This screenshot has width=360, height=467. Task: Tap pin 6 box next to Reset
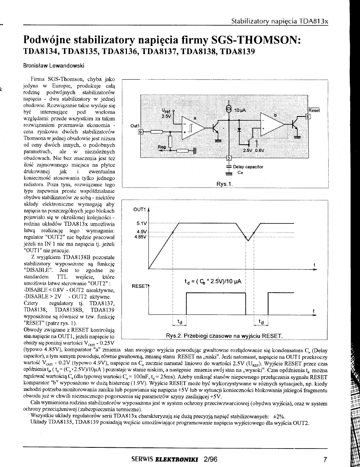coord(308,117)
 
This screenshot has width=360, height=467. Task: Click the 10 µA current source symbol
coord(228,109)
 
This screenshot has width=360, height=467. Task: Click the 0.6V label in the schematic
coord(260,150)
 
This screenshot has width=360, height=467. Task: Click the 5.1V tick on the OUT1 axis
coord(140,223)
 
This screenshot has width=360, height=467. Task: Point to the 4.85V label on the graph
coord(140,237)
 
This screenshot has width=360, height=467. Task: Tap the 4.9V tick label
coord(140,231)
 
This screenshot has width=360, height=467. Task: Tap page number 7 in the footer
coord(325,459)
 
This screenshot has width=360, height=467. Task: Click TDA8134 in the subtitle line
coord(42,51)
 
